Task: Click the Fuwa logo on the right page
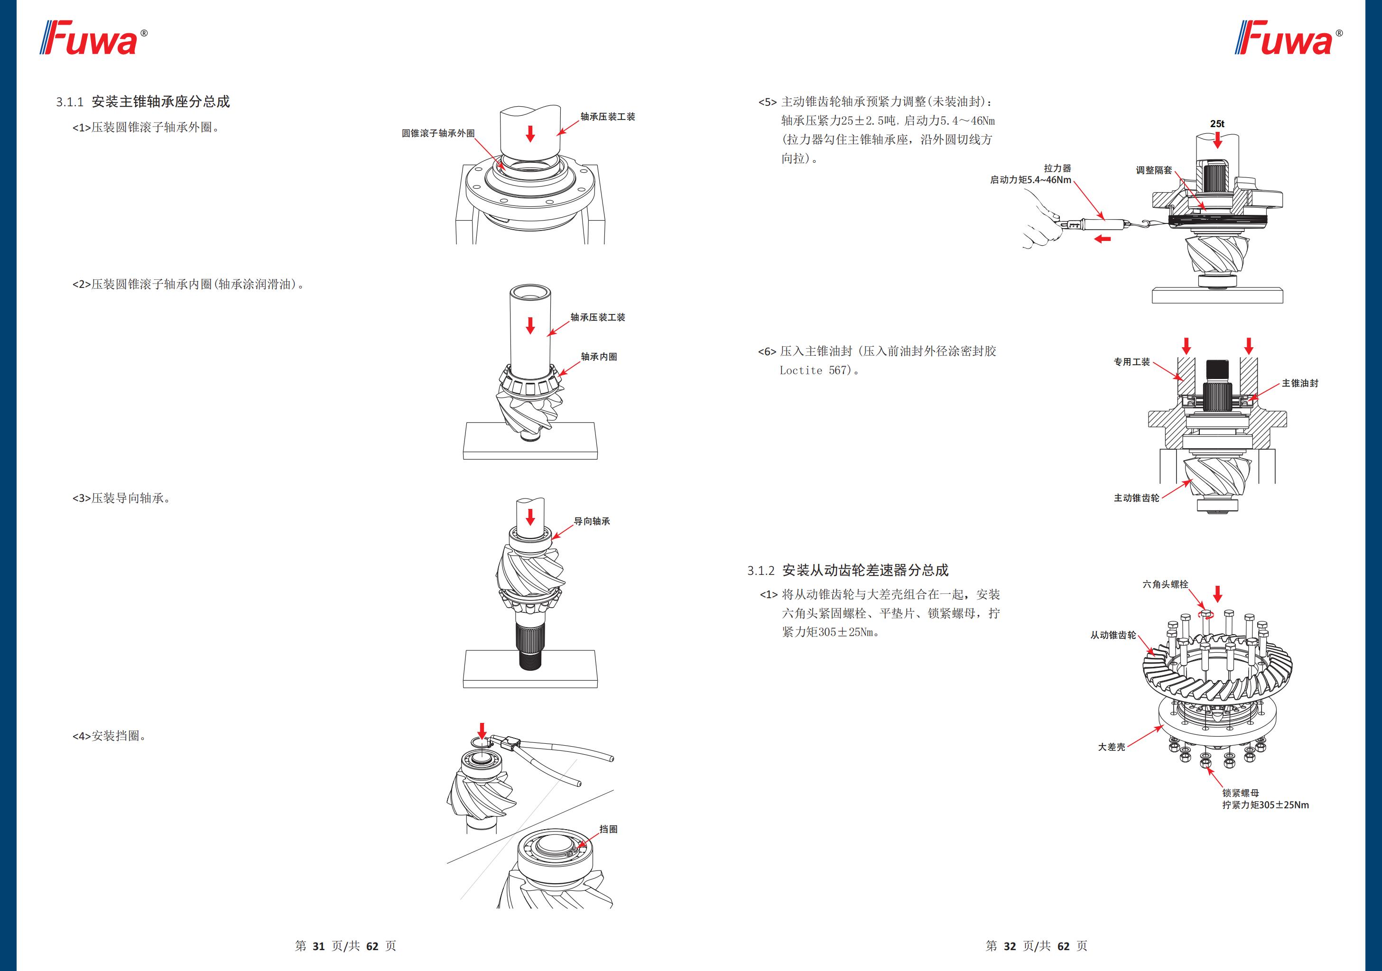coord(1288,38)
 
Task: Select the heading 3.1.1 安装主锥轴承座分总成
coord(143,102)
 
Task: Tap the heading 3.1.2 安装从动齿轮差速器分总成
coord(847,570)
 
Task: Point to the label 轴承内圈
coord(598,356)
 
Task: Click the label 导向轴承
coord(591,521)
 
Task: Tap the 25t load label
coord(1217,124)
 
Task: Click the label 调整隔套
coord(1154,170)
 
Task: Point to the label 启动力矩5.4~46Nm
coord(1030,180)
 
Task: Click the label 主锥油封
coord(1299,383)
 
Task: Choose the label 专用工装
coord(1131,362)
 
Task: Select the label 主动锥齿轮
coord(1136,498)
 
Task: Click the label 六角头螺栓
coord(1165,584)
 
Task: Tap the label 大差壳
coord(1111,747)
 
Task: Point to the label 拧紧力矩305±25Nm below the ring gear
coord(1265,805)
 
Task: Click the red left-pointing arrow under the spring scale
coord(1102,239)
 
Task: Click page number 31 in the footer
coord(318,946)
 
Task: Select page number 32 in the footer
coord(1010,946)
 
